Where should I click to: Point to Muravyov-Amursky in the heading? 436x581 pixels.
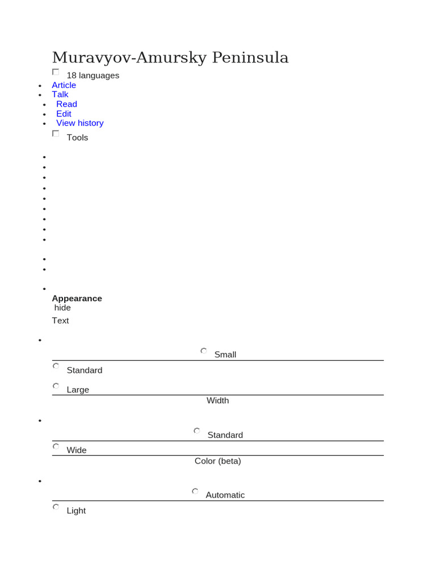(129, 57)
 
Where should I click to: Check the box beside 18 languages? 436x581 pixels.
(56, 72)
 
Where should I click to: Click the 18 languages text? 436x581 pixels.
(93, 75)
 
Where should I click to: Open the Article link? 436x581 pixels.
(64, 85)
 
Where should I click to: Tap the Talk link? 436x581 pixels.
(60, 95)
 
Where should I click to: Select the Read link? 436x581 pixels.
(66, 104)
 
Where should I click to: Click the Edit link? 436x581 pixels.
(64, 114)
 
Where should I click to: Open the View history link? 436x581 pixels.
(79, 123)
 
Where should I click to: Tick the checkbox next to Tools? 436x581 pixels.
(56, 133)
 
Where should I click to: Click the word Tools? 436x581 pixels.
(77, 137)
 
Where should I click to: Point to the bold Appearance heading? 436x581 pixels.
(77, 298)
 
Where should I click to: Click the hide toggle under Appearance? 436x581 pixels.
(62, 308)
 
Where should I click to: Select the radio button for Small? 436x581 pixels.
(204, 351)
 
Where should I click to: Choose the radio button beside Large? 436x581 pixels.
(56, 386)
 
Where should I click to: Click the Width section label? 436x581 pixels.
(217, 401)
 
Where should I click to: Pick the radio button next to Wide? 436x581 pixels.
(56, 447)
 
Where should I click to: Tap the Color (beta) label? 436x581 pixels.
(217, 461)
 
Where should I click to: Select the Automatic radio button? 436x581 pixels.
(195, 491)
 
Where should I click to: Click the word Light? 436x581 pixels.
(76, 511)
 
